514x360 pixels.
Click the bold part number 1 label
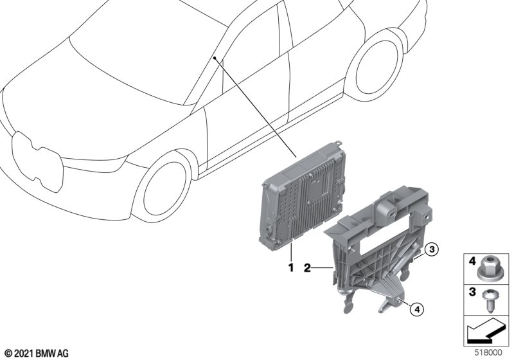tap(291, 267)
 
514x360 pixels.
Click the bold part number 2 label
tap(307, 268)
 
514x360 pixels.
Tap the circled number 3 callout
tap(432, 250)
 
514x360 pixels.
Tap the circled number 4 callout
tap(416, 309)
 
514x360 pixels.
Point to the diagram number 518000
tap(488, 353)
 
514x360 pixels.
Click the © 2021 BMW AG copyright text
tap(37, 354)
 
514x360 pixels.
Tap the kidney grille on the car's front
tap(37, 161)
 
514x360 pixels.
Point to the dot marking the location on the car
tap(215, 58)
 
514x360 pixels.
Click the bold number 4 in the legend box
tap(472, 261)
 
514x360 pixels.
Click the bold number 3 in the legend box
tap(472, 291)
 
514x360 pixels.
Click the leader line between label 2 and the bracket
tap(323, 269)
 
